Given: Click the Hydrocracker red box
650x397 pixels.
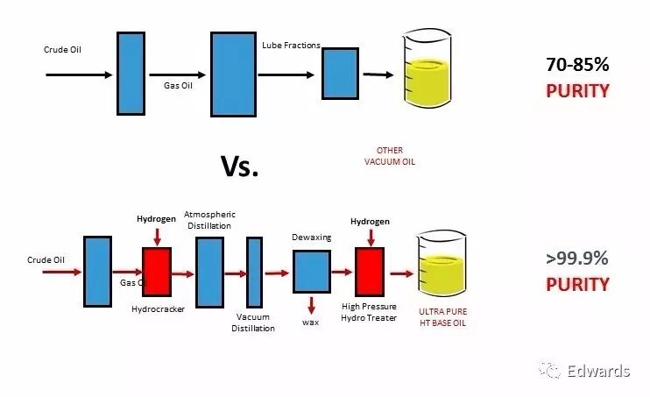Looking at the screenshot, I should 157,272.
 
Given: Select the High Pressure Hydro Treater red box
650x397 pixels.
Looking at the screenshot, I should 370,272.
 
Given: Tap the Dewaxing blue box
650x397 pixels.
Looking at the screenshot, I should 311,272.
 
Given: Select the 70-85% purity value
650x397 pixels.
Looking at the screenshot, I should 576,64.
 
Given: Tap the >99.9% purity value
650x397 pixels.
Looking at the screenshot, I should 576,259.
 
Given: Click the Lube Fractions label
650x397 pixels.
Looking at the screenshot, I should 291,45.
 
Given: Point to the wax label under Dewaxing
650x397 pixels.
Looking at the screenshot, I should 311,322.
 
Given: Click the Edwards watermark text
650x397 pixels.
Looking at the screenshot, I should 596,371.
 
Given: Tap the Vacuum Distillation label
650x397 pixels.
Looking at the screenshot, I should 253,323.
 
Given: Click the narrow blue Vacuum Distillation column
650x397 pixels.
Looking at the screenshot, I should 254,272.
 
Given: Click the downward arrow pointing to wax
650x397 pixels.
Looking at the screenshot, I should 311,304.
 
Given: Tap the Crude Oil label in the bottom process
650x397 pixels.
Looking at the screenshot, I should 46,259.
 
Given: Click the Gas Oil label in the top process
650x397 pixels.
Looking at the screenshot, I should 178,85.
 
